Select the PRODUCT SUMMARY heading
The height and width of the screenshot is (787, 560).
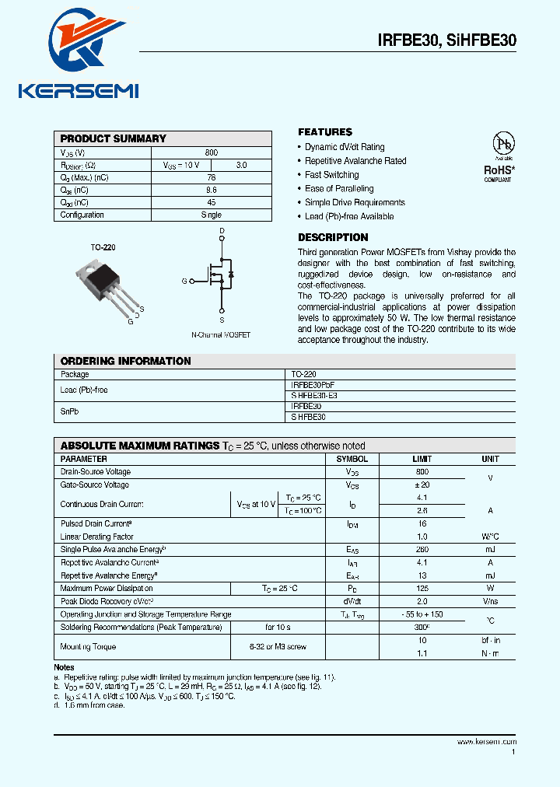point(114,138)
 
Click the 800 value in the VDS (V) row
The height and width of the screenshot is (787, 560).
point(212,152)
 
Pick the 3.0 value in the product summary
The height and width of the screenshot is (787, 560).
point(241,165)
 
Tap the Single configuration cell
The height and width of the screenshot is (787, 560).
point(212,215)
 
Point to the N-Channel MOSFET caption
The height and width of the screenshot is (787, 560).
point(222,335)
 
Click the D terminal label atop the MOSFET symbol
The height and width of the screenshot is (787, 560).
point(222,232)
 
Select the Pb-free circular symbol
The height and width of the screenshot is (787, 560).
point(503,145)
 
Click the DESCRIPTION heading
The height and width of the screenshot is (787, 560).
point(333,237)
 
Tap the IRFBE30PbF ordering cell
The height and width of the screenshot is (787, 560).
point(313,385)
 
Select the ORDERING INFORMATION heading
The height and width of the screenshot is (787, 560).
point(125,361)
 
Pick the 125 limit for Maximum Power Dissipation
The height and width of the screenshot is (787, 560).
point(422,589)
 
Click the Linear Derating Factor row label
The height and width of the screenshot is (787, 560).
point(97,537)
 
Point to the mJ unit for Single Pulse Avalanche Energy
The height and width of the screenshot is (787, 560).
point(490,550)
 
